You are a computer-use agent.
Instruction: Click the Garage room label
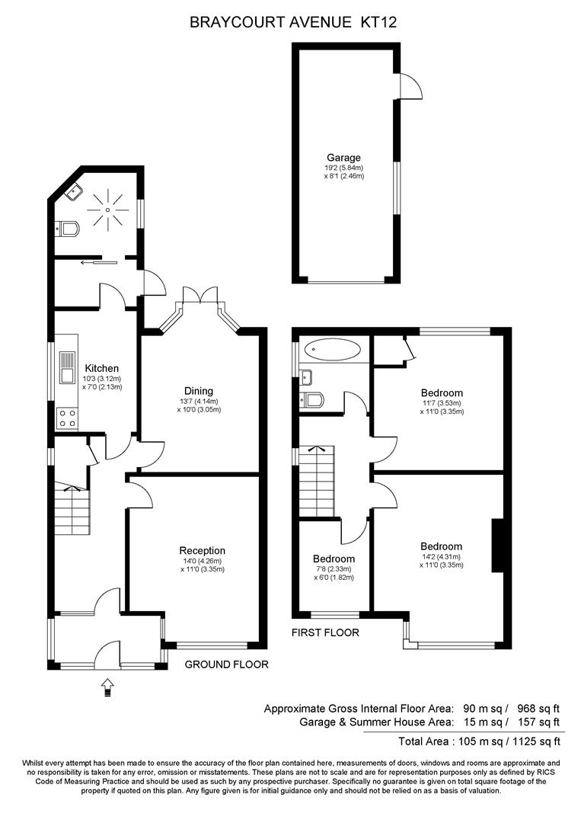click(343, 158)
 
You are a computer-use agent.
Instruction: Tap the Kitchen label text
click(102, 369)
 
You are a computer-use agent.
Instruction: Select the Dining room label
click(199, 391)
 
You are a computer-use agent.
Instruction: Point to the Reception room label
click(203, 551)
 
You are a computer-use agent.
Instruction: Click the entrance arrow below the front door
click(107, 687)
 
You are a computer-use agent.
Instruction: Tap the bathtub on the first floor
click(333, 349)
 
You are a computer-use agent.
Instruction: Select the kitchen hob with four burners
click(67, 418)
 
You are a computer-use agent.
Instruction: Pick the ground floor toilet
click(66, 229)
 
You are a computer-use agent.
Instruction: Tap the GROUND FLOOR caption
click(226, 664)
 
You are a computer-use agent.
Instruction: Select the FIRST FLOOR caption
click(326, 632)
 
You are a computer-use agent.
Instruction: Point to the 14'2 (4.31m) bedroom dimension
click(441, 557)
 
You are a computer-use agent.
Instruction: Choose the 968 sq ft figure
click(539, 709)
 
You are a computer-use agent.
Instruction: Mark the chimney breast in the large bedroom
click(497, 546)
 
